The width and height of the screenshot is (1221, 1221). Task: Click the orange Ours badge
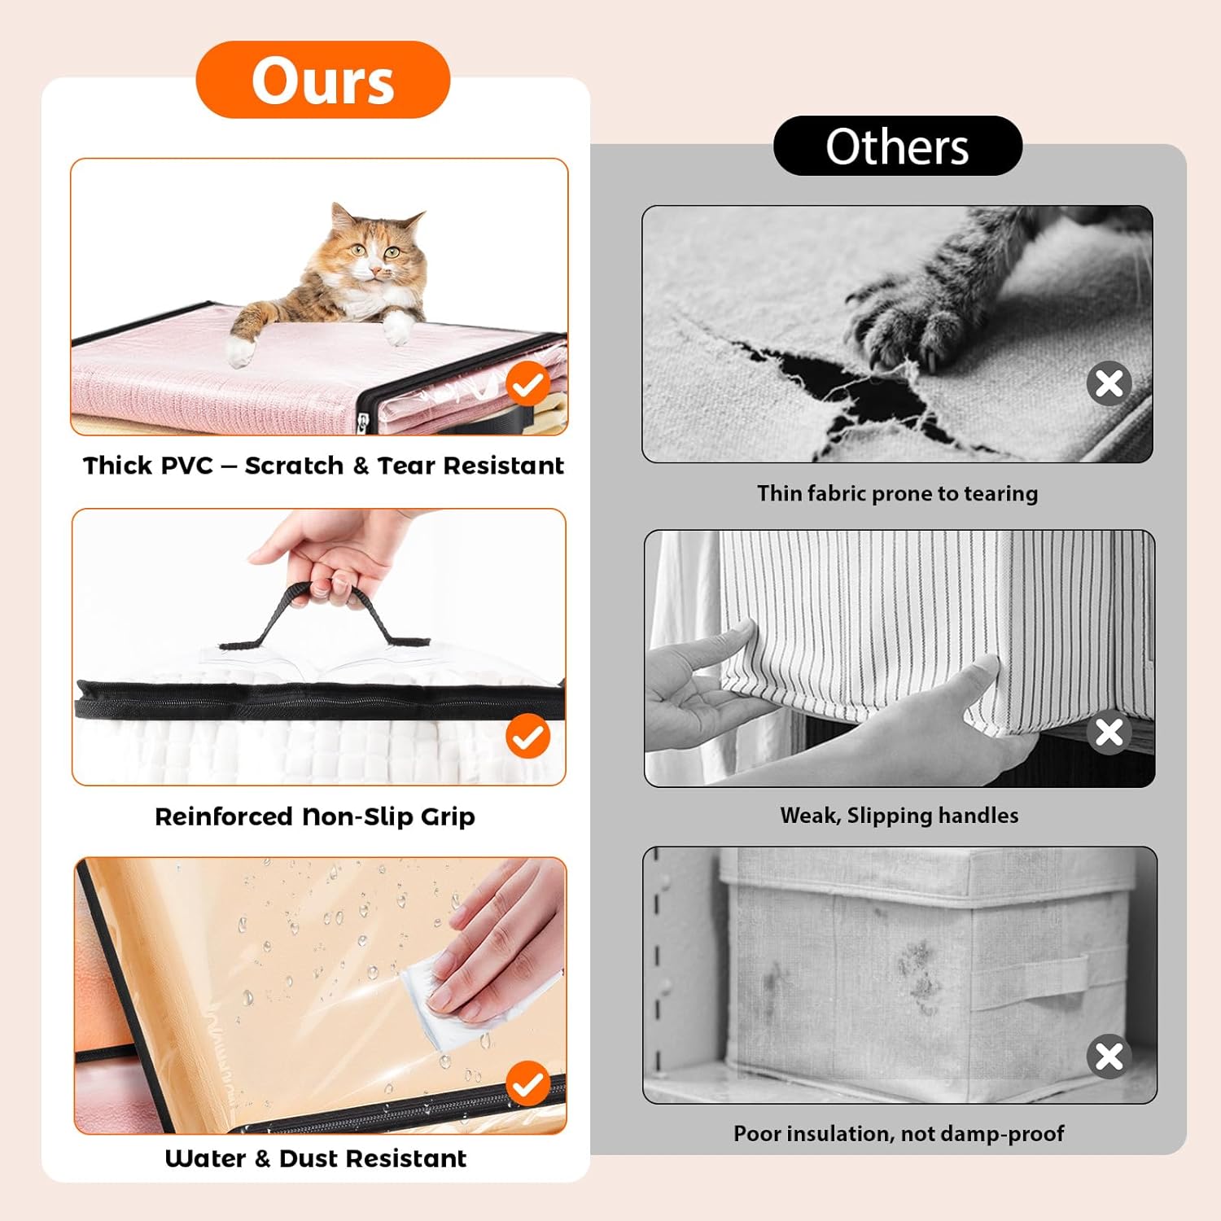coord(322,80)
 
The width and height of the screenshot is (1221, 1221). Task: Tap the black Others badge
coord(897,146)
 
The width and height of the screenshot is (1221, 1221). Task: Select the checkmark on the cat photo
coord(528,384)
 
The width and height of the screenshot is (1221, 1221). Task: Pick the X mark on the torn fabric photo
coord(1109,383)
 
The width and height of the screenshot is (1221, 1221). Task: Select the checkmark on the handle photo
coord(528,736)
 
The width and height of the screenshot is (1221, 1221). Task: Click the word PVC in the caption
coord(187,466)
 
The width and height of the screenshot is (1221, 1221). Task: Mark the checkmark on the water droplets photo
coord(528,1083)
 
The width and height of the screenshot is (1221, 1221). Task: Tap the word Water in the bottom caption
coord(205,1158)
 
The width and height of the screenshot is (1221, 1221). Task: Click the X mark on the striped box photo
coord(1109,732)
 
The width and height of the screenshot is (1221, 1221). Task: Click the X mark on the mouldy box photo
coord(1109,1057)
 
